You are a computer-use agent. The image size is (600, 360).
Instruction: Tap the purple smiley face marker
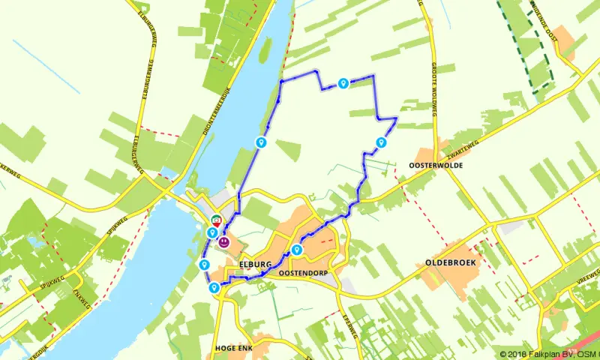pyautogui.click(x=224, y=243)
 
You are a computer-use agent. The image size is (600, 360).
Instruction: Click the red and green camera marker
pyautogui.click(x=216, y=221)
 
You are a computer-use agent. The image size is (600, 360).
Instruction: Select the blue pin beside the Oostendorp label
pyautogui.click(x=297, y=250)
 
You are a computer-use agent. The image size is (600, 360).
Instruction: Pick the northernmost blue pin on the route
pyautogui.click(x=343, y=83)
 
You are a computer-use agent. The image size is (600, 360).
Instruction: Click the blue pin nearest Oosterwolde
pyautogui.click(x=380, y=142)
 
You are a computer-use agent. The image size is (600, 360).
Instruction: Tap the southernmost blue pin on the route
pyautogui.click(x=214, y=287)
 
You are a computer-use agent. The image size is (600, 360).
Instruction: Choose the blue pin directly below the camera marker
pyautogui.click(x=212, y=233)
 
